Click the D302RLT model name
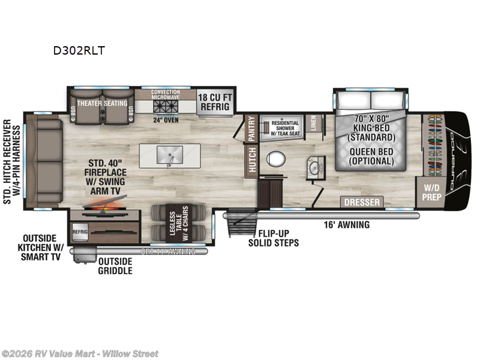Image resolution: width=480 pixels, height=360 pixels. [79, 50]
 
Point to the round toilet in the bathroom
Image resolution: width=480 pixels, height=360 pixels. [276, 159]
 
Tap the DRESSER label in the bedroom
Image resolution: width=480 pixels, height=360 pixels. [362, 202]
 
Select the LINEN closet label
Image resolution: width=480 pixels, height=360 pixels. [314, 124]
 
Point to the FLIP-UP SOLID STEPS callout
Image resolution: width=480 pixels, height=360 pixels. [273, 238]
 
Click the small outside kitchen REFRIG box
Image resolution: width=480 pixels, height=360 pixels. [80, 230]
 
